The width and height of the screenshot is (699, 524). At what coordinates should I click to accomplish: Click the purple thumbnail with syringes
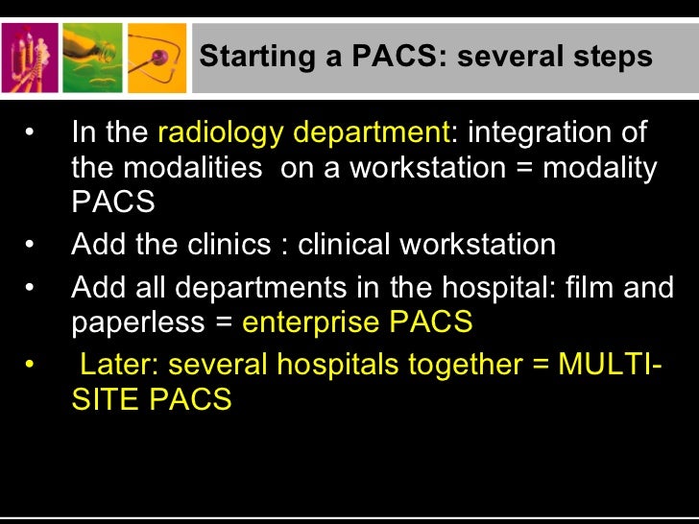tap(32, 58)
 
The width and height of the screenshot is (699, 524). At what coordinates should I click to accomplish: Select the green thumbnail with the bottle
tap(94, 58)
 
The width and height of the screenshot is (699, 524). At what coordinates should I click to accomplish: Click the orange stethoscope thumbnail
tap(157, 58)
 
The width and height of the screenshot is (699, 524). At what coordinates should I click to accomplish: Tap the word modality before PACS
tap(600, 169)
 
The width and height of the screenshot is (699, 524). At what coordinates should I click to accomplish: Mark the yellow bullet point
tap(31, 366)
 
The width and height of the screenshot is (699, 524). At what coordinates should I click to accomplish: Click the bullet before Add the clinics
tap(31, 245)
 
